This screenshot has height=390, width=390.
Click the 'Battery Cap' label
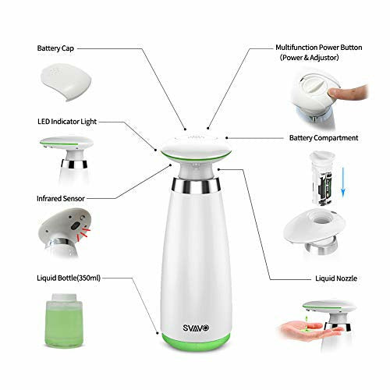[55, 48]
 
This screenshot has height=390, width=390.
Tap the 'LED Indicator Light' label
[67, 122]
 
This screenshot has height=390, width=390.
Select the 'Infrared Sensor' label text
[61, 199]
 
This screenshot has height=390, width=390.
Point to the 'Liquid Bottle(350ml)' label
[69, 278]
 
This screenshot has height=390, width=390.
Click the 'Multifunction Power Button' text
[319, 48]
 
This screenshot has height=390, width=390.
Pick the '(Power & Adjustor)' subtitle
[309, 58]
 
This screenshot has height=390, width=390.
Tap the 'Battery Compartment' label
[324, 138]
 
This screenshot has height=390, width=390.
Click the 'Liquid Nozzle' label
[336, 278]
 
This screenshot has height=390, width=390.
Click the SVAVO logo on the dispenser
[196, 328]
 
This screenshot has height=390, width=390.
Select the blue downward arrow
[343, 182]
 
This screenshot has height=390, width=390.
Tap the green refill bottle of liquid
[64, 321]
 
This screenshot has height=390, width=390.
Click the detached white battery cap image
[66, 82]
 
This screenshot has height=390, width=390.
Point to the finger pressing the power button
[348, 92]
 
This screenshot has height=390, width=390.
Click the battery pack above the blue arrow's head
[322, 178]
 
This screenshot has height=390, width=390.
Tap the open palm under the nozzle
[310, 330]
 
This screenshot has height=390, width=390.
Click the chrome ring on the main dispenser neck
[196, 186]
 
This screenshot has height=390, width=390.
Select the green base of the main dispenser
[196, 342]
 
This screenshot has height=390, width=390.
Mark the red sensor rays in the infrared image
[84, 232]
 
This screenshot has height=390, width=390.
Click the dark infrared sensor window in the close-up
[75, 225]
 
